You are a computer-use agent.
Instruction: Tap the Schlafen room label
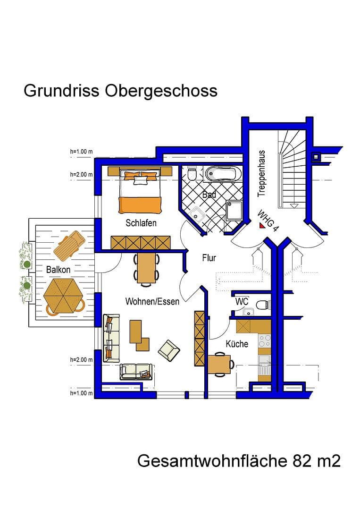(x=141, y=223)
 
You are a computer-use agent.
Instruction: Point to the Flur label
(x=209, y=258)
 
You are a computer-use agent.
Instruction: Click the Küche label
(x=237, y=344)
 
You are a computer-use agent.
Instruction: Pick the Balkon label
(x=59, y=270)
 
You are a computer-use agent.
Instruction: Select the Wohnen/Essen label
(x=152, y=301)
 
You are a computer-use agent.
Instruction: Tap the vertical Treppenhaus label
(x=262, y=173)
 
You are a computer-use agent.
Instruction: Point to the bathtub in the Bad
(x=222, y=175)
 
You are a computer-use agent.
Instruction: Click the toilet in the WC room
(x=263, y=305)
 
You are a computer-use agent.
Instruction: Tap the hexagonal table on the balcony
(x=64, y=296)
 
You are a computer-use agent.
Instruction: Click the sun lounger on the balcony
(x=69, y=244)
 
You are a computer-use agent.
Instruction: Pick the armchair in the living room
(x=168, y=350)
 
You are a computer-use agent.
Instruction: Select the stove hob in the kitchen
(x=264, y=341)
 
